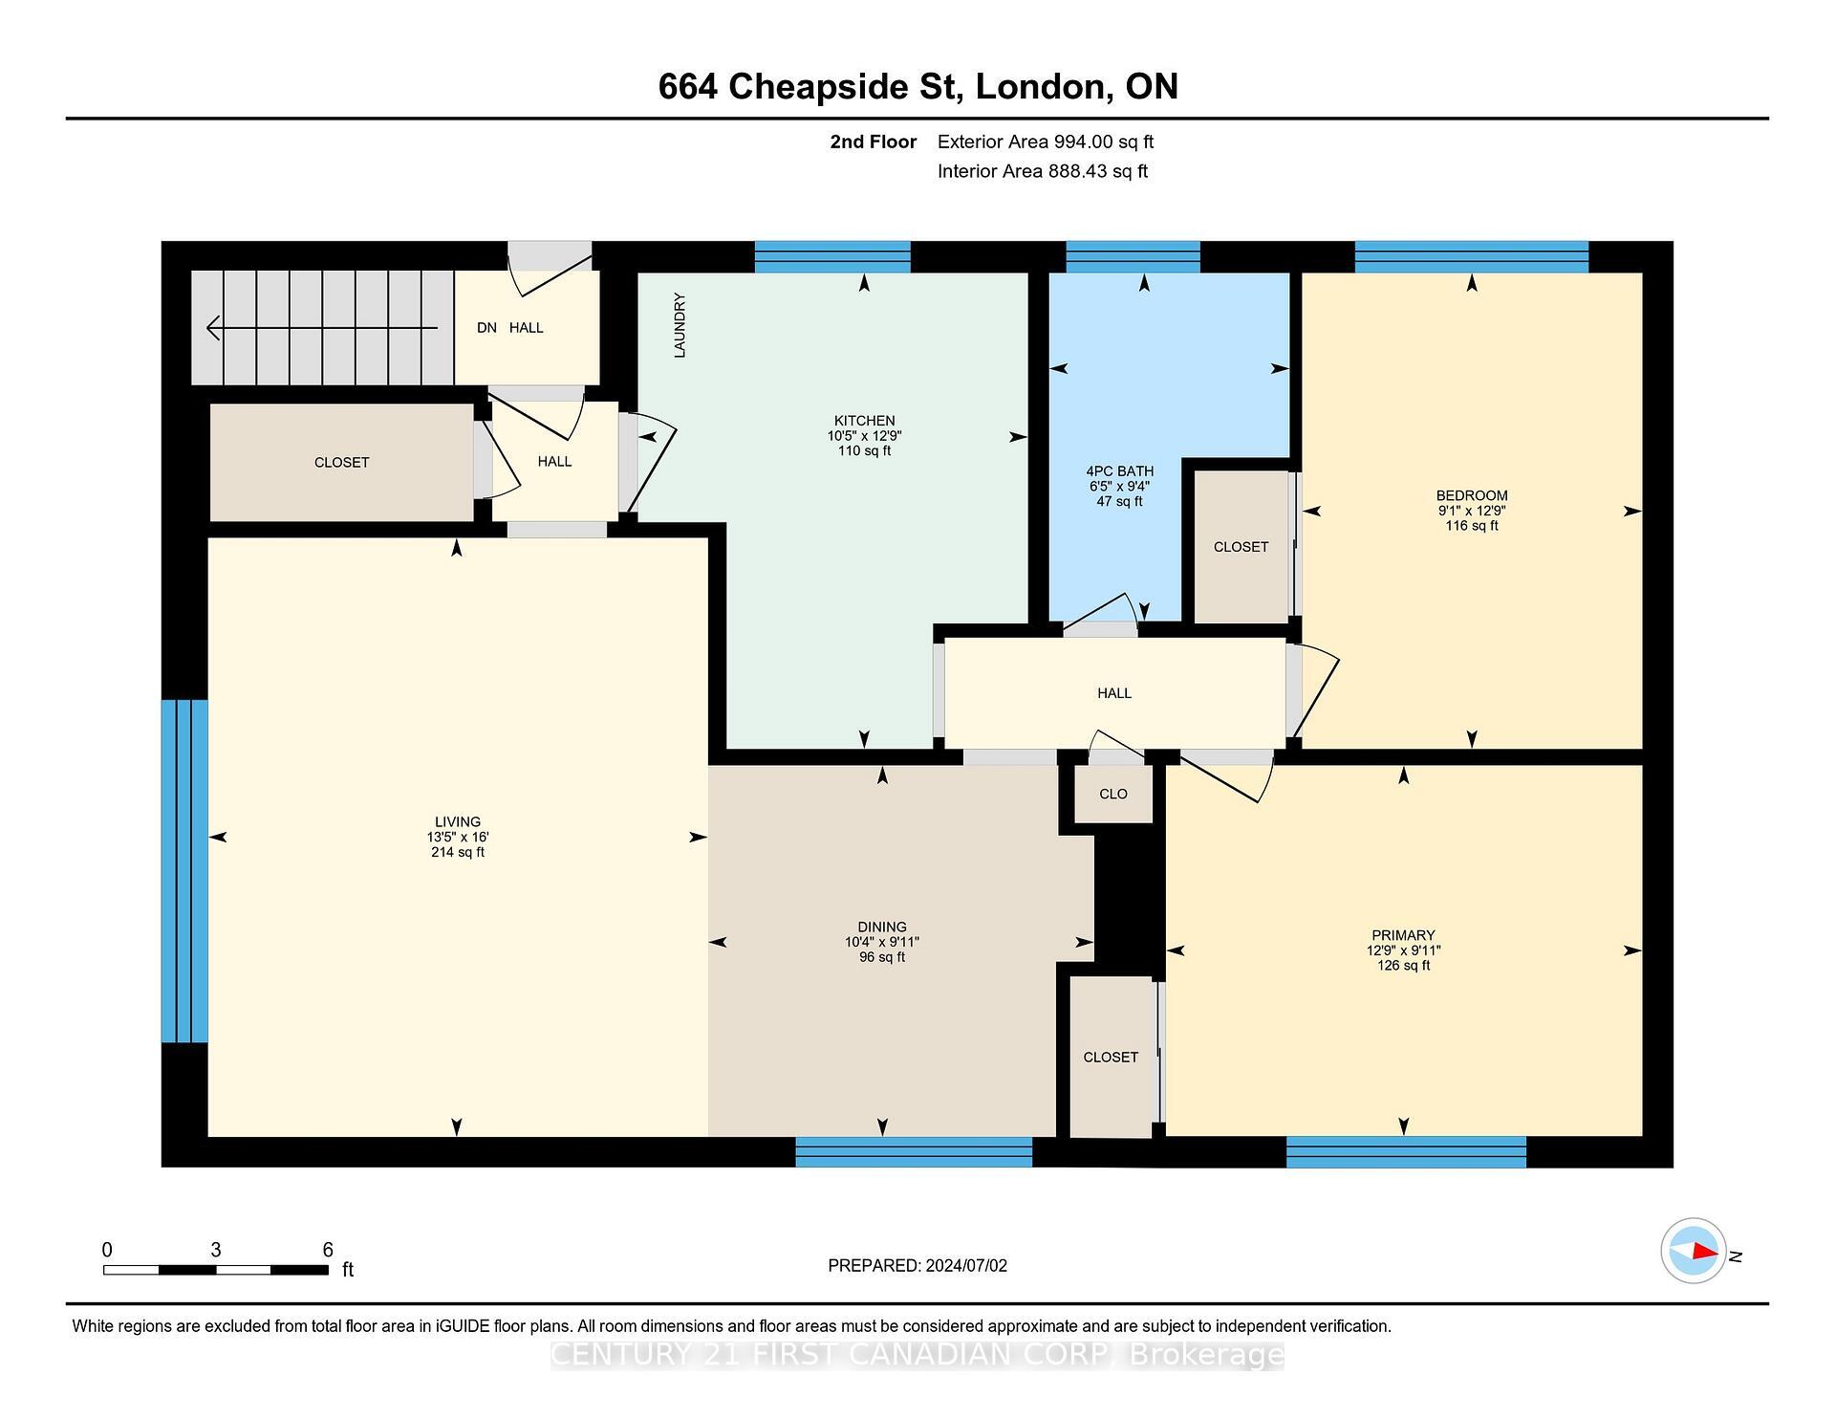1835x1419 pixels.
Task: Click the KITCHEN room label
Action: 864,421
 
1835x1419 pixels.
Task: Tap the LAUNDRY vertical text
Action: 680,325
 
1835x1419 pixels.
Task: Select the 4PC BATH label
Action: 1119,471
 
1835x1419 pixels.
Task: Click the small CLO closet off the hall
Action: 1113,794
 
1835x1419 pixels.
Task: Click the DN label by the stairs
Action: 486,328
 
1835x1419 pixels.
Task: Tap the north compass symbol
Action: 1694,1251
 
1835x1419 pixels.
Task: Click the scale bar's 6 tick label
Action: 328,1250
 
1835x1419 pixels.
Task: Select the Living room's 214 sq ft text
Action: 457,852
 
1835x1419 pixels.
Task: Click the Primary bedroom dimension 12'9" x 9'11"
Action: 1403,950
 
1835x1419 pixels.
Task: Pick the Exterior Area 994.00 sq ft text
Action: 1045,142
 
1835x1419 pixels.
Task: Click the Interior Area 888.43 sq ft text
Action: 1042,171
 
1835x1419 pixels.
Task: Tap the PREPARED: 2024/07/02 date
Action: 917,1265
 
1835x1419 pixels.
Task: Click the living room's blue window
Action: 184,870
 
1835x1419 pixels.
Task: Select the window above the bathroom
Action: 1133,257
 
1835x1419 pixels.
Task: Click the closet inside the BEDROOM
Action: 1241,547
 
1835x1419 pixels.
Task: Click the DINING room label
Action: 881,927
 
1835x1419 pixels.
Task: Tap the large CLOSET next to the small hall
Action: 341,463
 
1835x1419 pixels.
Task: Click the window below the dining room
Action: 914,1151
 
